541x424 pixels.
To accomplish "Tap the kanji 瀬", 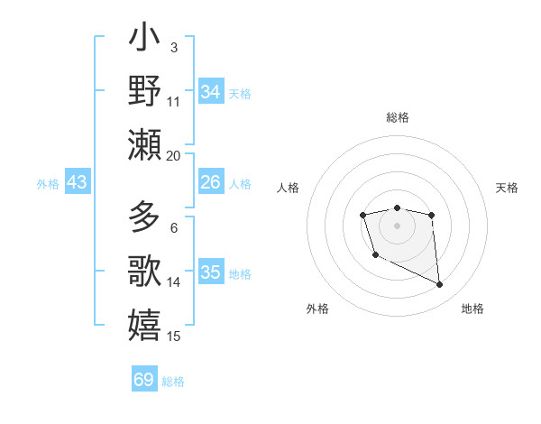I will click(x=145, y=144).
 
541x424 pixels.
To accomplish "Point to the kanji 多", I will click(x=145, y=219).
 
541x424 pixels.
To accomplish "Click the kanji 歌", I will click(x=145, y=272).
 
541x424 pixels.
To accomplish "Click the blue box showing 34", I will click(x=211, y=92).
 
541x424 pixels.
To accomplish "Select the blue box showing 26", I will click(x=211, y=182).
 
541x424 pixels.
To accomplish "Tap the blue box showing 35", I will click(x=211, y=272).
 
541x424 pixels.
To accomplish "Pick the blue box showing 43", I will click(x=78, y=183).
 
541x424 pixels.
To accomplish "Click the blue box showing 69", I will click(x=144, y=380).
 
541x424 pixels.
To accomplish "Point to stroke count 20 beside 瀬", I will click(x=174, y=155).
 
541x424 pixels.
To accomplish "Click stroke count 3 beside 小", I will click(x=173, y=47).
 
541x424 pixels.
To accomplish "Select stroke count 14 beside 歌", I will click(x=174, y=282).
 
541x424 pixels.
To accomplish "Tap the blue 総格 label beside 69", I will click(x=174, y=382).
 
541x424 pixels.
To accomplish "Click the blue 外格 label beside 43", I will click(x=48, y=184).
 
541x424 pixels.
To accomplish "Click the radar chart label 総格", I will click(x=398, y=117).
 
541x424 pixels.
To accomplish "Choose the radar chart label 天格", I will click(x=508, y=188).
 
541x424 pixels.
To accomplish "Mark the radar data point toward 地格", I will click(x=440, y=285).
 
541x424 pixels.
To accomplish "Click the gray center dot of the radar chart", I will click(x=397, y=225).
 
